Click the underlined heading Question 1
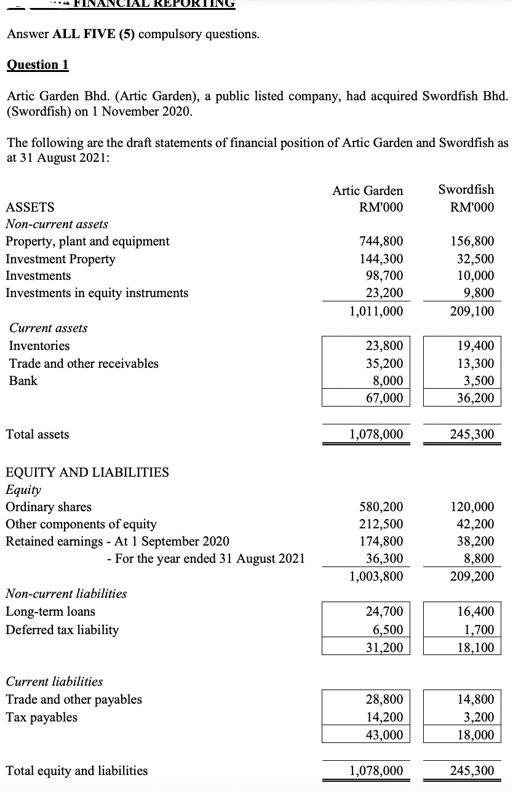point(38,65)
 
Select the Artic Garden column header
point(367,191)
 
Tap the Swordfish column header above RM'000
point(466,189)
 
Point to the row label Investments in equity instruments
point(97,293)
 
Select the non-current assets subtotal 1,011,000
point(376,311)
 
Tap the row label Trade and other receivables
point(84,364)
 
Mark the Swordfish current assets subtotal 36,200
point(475,398)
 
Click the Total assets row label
point(38,434)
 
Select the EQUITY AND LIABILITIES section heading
point(87,472)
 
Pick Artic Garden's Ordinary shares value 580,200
point(381,507)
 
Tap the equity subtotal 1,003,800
point(376,576)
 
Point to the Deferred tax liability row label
point(62,629)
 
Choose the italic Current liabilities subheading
point(54,682)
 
